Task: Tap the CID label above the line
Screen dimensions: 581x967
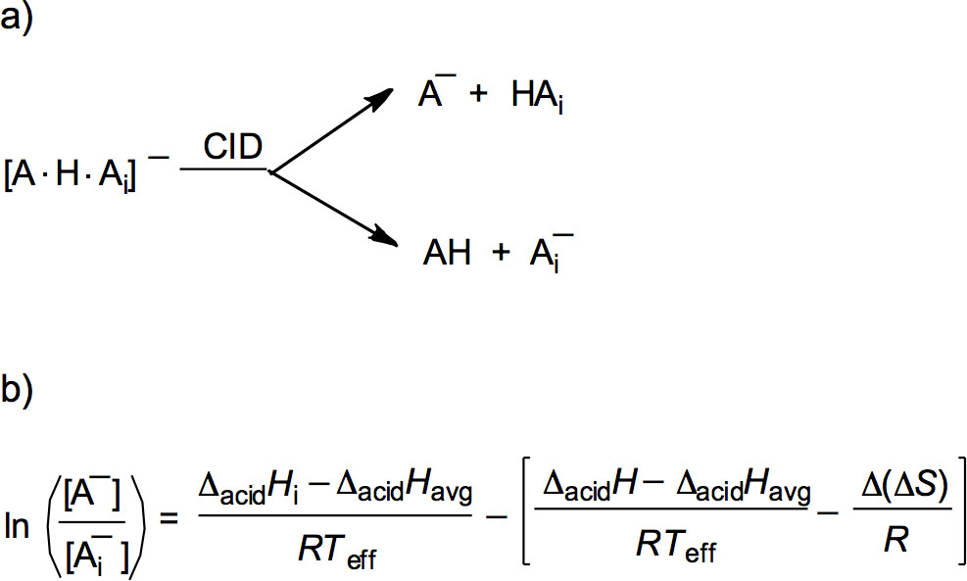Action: click(x=233, y=149)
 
